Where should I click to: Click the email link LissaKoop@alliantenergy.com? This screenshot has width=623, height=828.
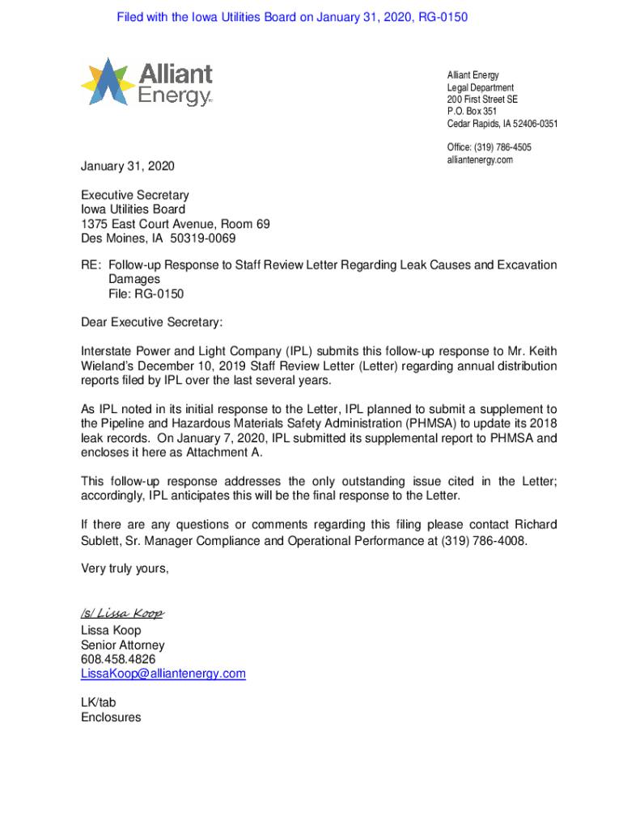(163, 674)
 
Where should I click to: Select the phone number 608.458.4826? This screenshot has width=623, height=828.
(118, 660)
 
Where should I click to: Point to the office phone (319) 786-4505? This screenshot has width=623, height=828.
(489, 147)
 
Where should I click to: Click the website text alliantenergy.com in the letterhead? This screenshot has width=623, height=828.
(480, 160)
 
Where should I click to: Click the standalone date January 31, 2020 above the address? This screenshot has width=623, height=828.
(127, 167)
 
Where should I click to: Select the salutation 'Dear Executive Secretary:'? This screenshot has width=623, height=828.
(151, 323)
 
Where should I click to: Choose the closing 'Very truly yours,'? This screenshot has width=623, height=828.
(125, 568)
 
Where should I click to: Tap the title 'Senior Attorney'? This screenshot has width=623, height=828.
(122, 645)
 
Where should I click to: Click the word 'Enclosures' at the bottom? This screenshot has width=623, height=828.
(111, 717)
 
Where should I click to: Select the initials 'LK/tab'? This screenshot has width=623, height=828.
(99, 703)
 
